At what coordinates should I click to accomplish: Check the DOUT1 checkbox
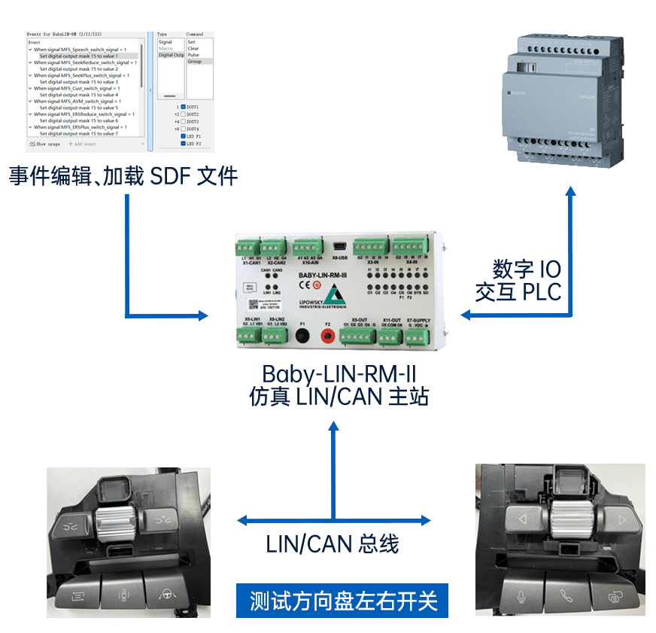[183, 107]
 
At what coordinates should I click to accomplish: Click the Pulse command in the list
[193, 55]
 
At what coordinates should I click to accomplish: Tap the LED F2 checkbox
[183, 143]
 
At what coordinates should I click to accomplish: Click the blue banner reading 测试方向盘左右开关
[342, 601]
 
